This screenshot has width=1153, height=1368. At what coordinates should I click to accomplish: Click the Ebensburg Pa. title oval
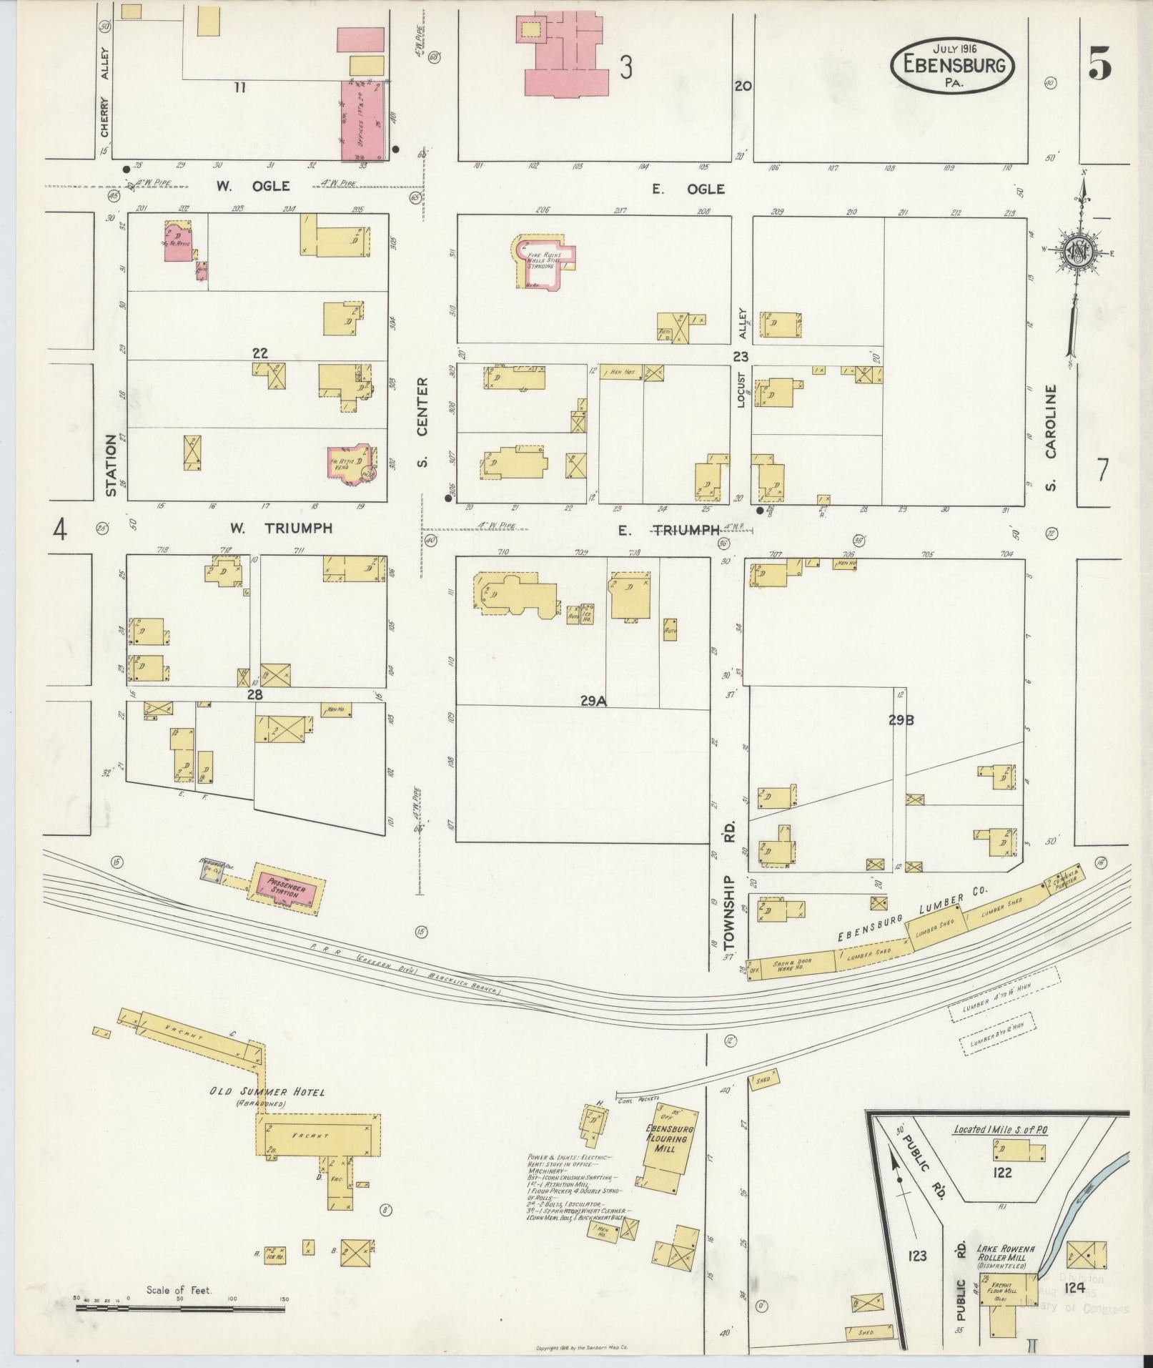pos(951,65)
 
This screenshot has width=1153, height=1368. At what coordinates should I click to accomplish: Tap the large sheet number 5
pos(1099,65)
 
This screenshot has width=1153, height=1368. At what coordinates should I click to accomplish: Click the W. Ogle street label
pos(253,187)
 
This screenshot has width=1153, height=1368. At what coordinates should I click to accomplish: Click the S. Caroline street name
pos(1050,438)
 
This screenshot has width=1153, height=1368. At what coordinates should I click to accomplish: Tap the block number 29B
pos(901,721)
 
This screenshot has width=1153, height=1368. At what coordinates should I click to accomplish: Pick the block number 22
pos(259,353)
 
